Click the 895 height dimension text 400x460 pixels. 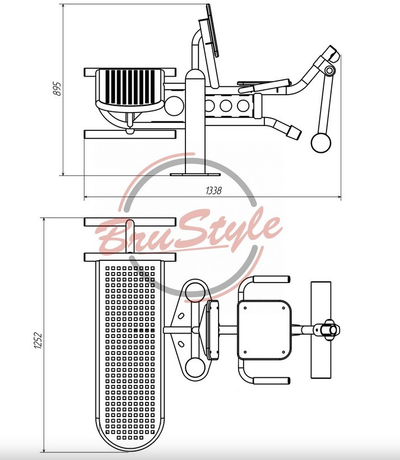point(57,88)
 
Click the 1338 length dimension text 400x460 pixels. point(213,191)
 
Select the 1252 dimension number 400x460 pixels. point(39,340)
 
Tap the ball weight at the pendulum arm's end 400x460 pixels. point(321,143)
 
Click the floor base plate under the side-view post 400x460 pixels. point(195,175)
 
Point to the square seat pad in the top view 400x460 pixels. point(264,330)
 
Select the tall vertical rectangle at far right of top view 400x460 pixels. point(321,330)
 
